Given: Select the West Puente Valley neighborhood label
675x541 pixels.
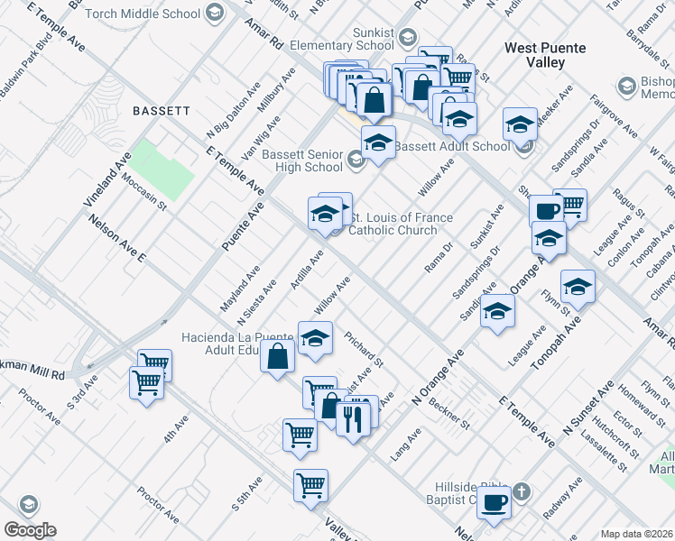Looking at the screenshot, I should [545, 55].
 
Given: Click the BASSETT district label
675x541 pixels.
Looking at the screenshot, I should [161, 111].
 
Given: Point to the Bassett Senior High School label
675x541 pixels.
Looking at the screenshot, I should [302, 160].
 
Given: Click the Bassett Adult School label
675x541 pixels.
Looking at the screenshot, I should [452, 146].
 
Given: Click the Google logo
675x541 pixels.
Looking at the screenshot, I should [30, 530].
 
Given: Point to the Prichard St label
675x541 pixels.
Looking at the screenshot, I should [364, 350].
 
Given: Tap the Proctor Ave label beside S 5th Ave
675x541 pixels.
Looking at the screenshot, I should [158, 504].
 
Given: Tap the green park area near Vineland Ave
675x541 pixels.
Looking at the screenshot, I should [163, 167].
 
